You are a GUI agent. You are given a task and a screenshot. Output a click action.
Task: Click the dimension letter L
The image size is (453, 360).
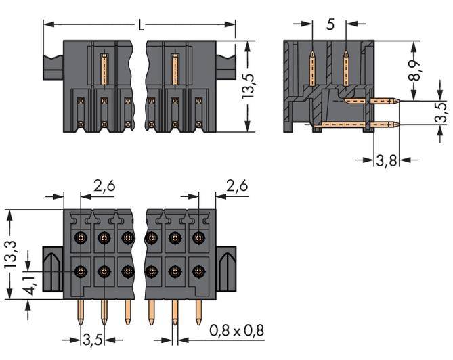coord(140,26)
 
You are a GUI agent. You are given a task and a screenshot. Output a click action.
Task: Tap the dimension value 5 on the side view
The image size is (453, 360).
coord(330,25)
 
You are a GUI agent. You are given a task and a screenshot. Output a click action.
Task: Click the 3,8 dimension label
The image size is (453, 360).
coord(386,161)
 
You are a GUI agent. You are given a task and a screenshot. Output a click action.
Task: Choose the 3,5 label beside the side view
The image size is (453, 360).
coord(440,113)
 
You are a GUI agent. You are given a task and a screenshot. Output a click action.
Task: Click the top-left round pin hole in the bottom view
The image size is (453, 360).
coord(81,238)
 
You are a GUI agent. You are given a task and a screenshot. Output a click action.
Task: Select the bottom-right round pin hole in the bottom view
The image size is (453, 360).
coord(198,271)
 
